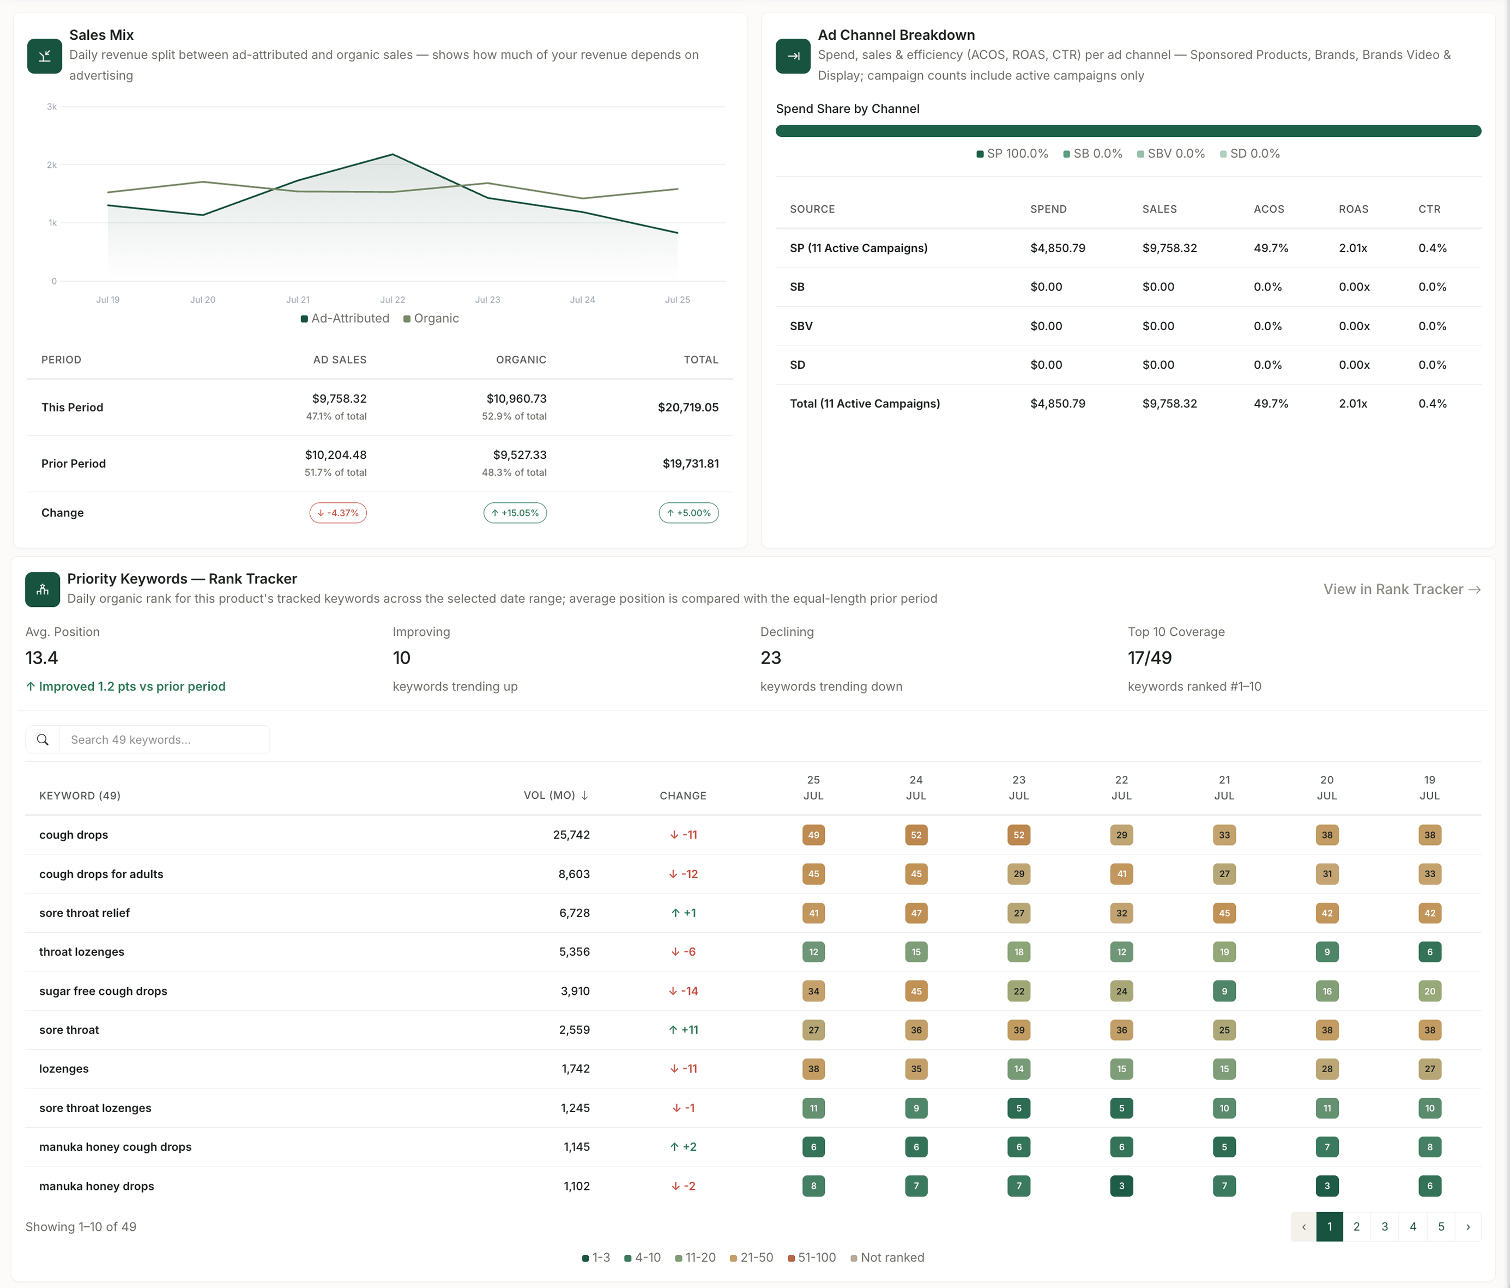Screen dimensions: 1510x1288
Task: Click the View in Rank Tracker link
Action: pos(1402,590)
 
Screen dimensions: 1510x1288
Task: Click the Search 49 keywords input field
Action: pos(164,739)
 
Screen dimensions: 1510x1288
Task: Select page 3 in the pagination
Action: pos(1385,1227)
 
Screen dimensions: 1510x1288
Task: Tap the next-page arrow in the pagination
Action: pos(1467,1227)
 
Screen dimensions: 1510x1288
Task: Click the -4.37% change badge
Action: pos(338,513)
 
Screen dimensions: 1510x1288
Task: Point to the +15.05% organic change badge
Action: pos(515,513)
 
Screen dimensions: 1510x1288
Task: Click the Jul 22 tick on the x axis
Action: pos(393,300)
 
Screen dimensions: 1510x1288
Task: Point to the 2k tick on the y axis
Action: pos(52,165)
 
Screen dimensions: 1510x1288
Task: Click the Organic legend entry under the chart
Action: pos(431,318)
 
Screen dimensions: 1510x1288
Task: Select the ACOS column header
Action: pos(1269,209)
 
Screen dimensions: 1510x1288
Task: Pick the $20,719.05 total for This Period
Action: pos(688,407)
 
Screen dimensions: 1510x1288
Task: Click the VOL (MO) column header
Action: pos(555,795)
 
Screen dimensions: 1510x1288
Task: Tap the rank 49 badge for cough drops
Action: pos(813,835)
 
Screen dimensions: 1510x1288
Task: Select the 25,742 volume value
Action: pos(571,835)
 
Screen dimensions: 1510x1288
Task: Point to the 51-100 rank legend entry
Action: pos(812,1257)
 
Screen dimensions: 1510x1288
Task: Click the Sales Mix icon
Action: pos(45,56)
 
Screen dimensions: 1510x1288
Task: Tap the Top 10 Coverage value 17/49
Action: pos(1149,658)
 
